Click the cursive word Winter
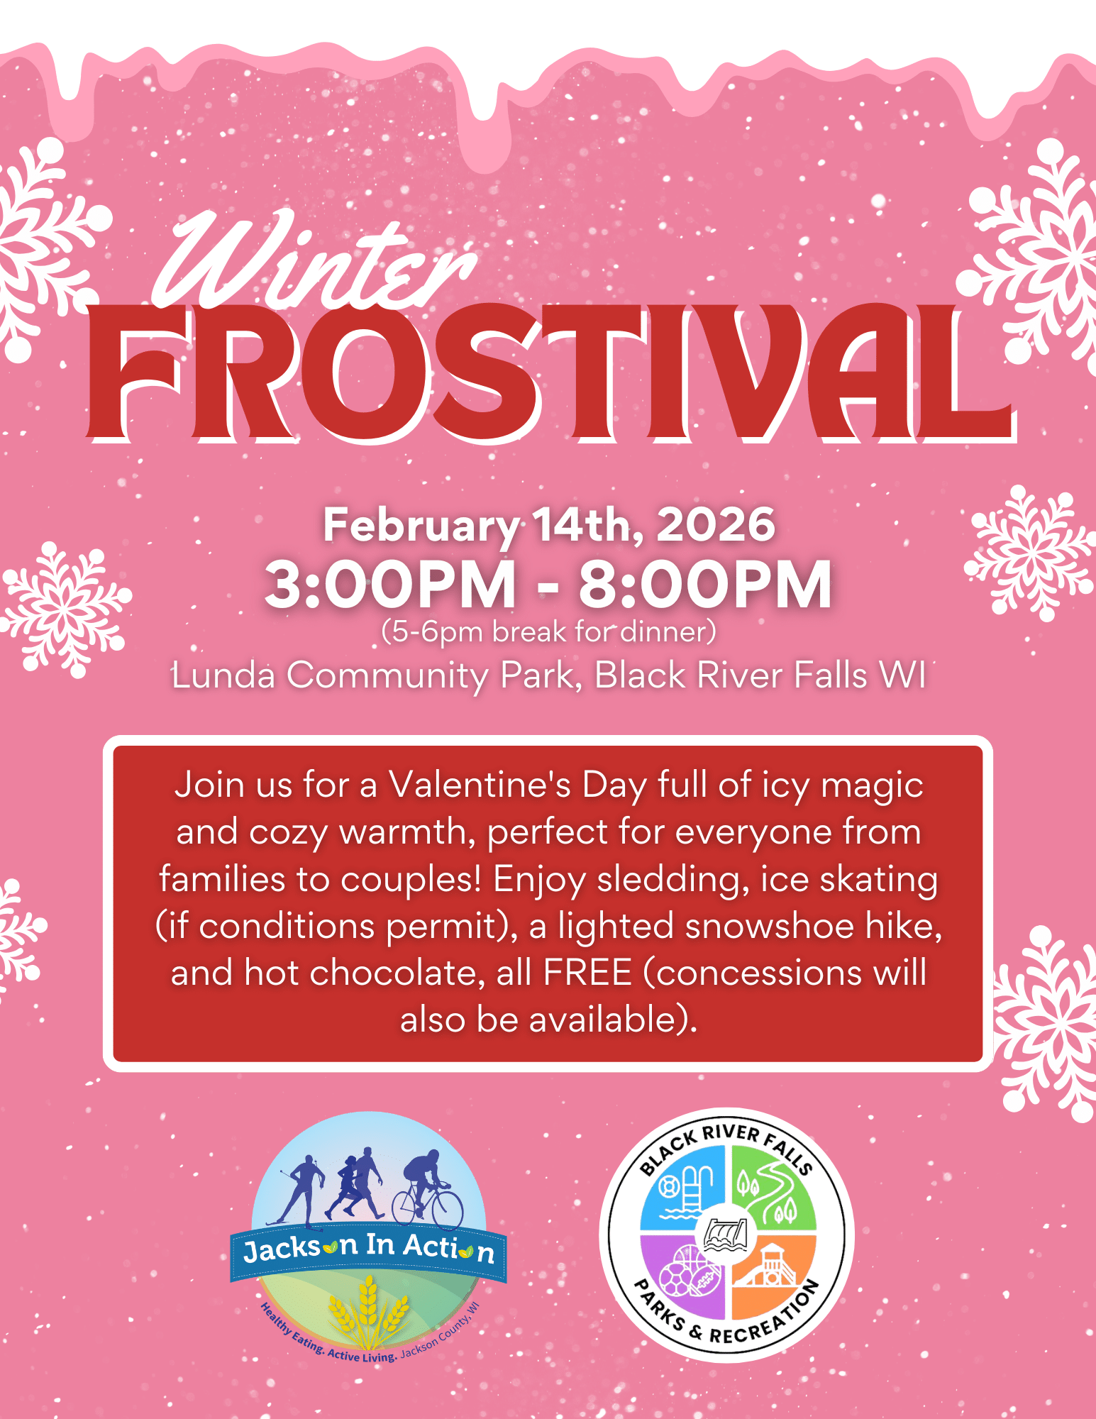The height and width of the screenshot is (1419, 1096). pos(312,263)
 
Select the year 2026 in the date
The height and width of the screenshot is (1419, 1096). pos(716,525)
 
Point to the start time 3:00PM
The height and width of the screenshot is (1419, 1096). pos(390,585)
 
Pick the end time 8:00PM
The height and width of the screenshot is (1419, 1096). pos(705,585)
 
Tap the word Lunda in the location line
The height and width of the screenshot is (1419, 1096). pos(223,675)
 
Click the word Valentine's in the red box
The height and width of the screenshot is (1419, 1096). pos(480,785)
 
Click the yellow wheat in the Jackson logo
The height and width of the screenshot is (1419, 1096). pos(368,1313)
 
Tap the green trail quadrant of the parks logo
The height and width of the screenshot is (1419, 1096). pos(773,1189)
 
